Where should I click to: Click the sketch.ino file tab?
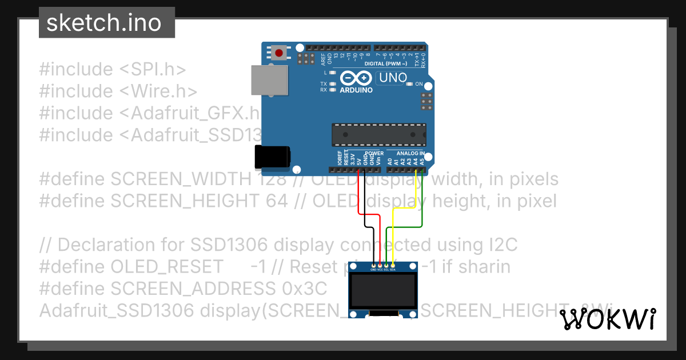coord(103,23)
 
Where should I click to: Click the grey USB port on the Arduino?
coord(269,79)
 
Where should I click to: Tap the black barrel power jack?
coord(272,156)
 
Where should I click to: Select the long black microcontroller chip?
coord(378,134)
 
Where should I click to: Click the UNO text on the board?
coord(393,77)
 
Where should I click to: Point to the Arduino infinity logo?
coord(356,78)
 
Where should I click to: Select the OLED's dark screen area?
coord(382,291)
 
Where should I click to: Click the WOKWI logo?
coord(608,319)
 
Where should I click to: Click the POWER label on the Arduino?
coord(374,153)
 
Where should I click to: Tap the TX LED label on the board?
coord(324,84)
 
